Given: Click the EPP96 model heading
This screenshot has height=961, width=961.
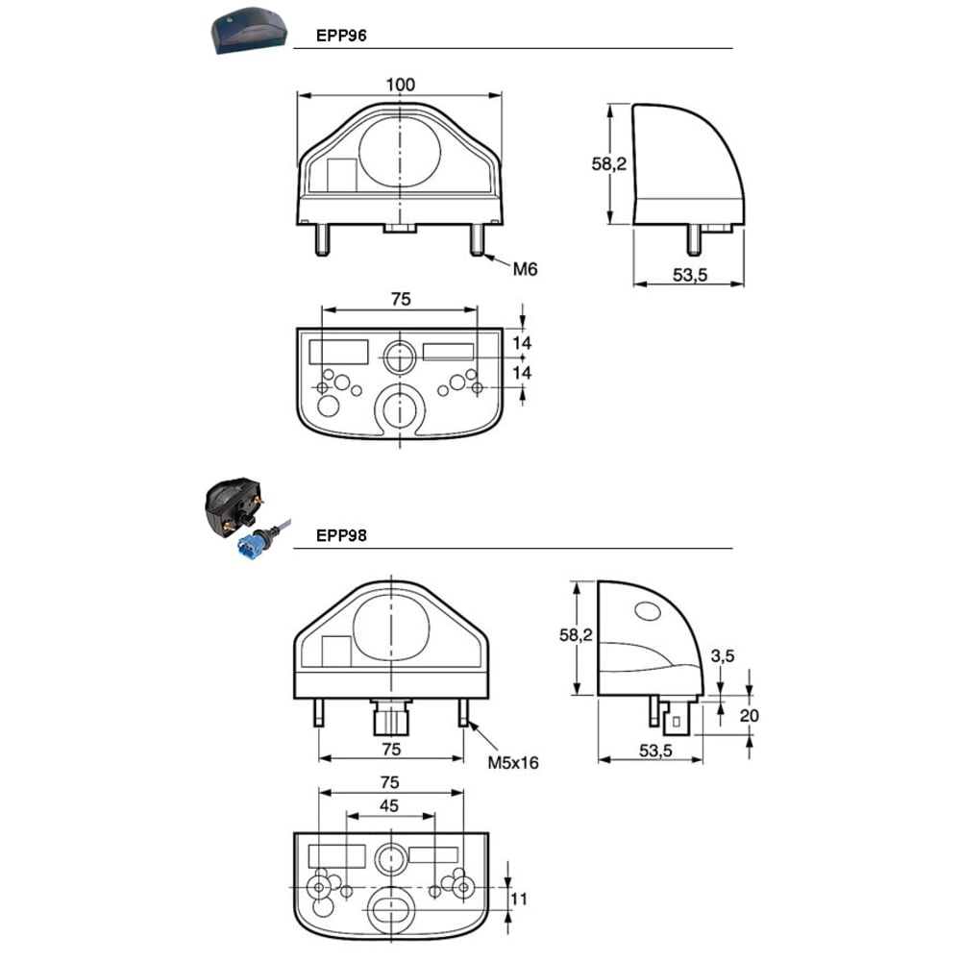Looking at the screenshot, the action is tap(341, 36).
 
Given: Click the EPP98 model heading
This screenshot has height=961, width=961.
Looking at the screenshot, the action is tap(341, 535).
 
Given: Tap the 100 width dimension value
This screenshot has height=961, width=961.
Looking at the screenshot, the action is tap(400, 85).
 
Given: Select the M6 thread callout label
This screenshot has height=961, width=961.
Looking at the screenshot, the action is tap(526, 269).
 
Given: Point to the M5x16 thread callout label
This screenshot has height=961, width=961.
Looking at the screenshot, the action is tap(513, 763).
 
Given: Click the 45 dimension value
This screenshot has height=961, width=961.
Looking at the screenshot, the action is tap(389, 806).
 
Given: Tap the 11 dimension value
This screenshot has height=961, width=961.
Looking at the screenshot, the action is tap(519, 899).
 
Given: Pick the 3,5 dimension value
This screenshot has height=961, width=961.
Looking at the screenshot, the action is tap(723, 656).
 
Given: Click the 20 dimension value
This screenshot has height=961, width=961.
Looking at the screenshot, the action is tap(749, 715).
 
